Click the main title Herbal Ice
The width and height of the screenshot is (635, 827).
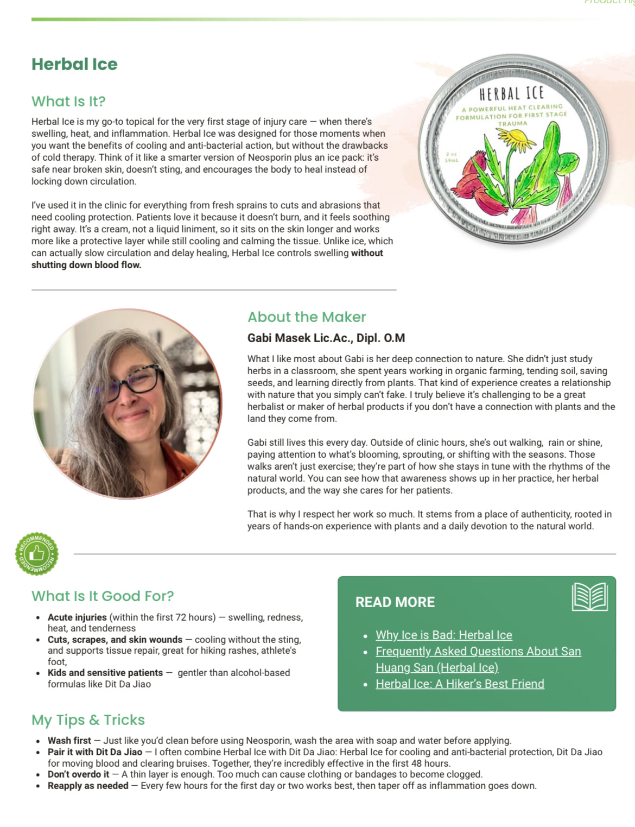(74, 64)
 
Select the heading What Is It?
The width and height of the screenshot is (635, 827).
(68, 102)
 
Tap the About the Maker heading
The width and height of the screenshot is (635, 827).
(307, 317)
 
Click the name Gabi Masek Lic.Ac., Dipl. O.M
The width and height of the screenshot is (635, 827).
(326, 338)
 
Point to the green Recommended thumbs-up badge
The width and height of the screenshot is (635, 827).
(37, 554)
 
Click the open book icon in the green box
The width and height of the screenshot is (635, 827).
(589, 597)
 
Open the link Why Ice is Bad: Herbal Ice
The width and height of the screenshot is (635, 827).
(443, 635)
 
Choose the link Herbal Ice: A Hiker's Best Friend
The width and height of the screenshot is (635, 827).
(460, 684)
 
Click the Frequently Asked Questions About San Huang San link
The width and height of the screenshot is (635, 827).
(478, 652)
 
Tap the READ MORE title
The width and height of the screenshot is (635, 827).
(395, 602)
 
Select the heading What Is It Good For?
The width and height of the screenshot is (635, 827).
(103, 596)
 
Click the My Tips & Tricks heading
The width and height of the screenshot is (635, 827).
(88, 720)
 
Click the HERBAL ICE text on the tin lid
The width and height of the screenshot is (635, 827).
(511, 94)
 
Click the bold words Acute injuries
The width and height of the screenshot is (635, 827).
(77, 617)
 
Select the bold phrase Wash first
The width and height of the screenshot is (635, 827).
(69, 741)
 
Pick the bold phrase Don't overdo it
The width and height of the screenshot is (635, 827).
(78, 774)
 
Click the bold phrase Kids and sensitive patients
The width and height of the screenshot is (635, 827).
(105, 673)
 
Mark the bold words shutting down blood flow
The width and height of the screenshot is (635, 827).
(86, 265)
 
